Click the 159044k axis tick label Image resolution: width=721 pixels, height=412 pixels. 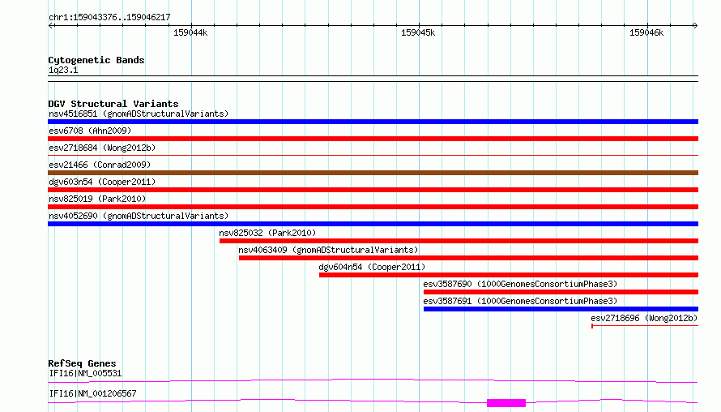pyautogui.click(x=190, y=32)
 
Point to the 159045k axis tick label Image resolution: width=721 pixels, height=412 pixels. pyautogui.click(x=418, y=32)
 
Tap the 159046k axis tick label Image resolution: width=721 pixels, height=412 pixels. pyautogui.click(x=646, y=32)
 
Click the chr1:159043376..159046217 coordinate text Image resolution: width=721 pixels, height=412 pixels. pyautogui.click(x=109, y=17)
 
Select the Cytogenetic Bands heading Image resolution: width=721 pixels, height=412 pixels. pyautogui.click(x=96, y=60)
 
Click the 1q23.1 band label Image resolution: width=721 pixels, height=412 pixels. pyautogui.click(x=63, y=70)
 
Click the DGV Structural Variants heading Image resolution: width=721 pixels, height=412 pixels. pyautogui.click(x=113, y=104)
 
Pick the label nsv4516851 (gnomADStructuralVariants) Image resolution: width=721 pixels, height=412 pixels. pyautogui.click(x=139, y=114)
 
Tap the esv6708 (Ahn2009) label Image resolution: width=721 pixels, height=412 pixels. pyautogui.click(x=90, y=131)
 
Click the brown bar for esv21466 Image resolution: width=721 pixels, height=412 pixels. pyautogui.click(x=373, y=173)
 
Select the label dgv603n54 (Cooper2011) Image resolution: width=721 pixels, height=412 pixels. pyautogui.click(x=102, y=182)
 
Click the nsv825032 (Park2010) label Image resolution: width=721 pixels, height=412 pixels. pyautogui.click(x=267, y=233)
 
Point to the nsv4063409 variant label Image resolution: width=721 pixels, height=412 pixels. pyautogui.click(x=328, y=250)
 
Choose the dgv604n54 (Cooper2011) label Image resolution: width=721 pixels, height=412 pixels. pyautogui.click(x=372, y=267)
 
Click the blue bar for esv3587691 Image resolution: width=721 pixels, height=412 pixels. pyautogui.click(x=561, y=309)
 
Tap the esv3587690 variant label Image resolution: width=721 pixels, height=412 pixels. pyautogui.click(x=520, y=284)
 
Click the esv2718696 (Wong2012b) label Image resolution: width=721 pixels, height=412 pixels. pyautogui.click(x=644, y=318)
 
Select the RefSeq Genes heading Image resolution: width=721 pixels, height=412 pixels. pyautogui.click(x=82, y=363)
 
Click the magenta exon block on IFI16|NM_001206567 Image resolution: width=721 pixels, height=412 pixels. pyautogui.click(x=506, y=403)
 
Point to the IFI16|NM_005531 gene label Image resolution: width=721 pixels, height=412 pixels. pyautogui.click(x=86, y=373)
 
